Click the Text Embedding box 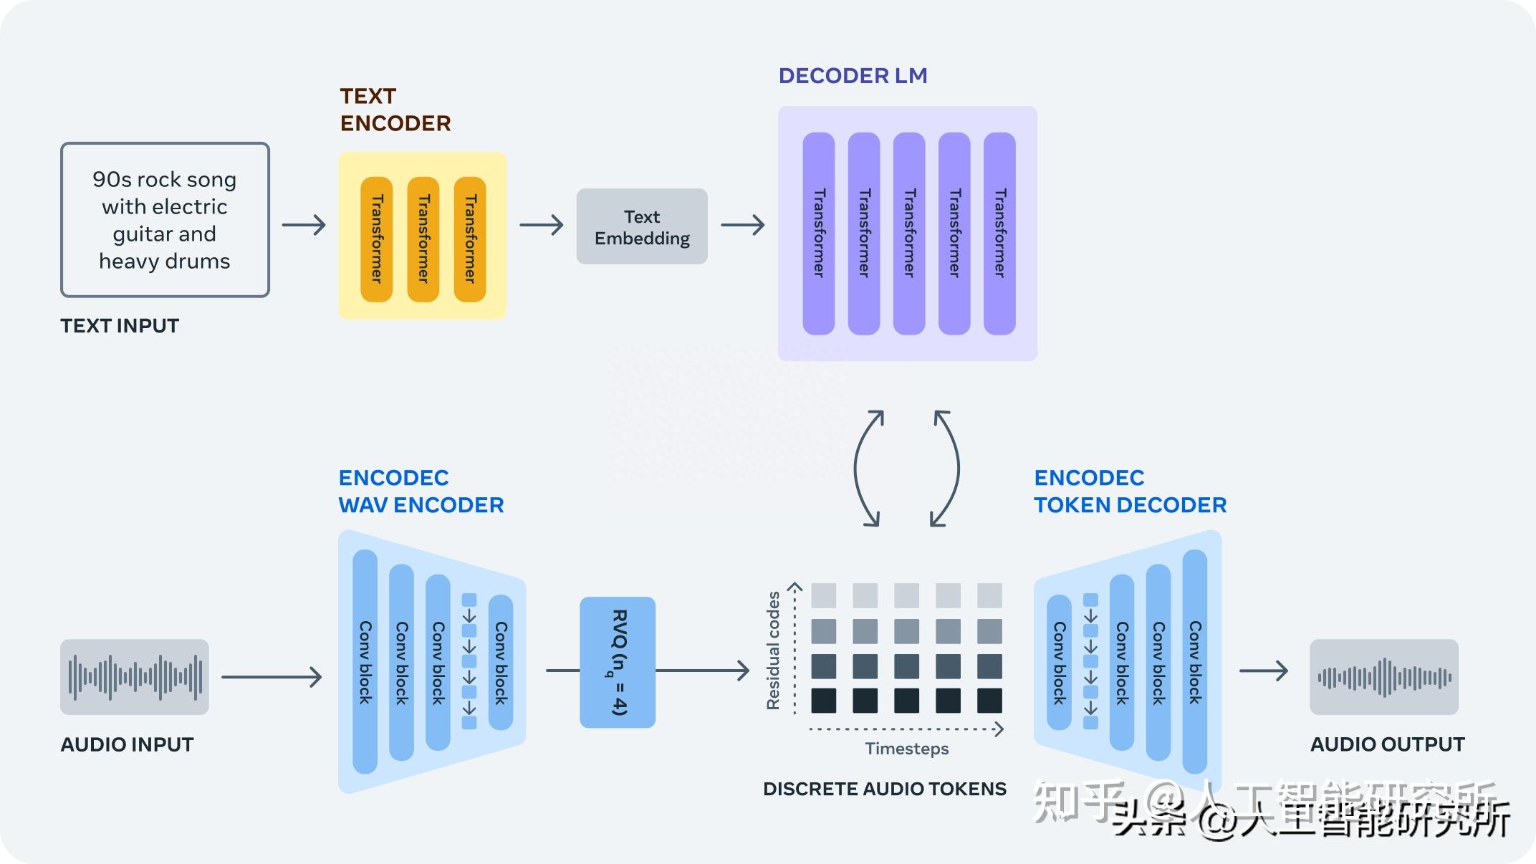point(642,226)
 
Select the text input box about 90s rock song point(165,220)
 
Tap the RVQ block point(618,663)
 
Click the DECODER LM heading point(853,76)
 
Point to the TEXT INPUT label point(120,326)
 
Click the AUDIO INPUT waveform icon point(135,677)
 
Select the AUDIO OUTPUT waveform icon point(1384,677)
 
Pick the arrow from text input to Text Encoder point(304,226)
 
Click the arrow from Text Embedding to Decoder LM point(743,226)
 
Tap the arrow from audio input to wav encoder point(272,677)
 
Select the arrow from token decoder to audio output point(1264,671)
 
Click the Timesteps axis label point(906,749)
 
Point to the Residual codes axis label point(773,651)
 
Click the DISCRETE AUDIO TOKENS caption point(885,789)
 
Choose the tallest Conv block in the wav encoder point(365,662)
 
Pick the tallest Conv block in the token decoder point(1194,662)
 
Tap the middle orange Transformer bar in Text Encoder point(423,239)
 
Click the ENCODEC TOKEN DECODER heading point(1130,491)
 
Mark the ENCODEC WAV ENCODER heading point(421,491)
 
